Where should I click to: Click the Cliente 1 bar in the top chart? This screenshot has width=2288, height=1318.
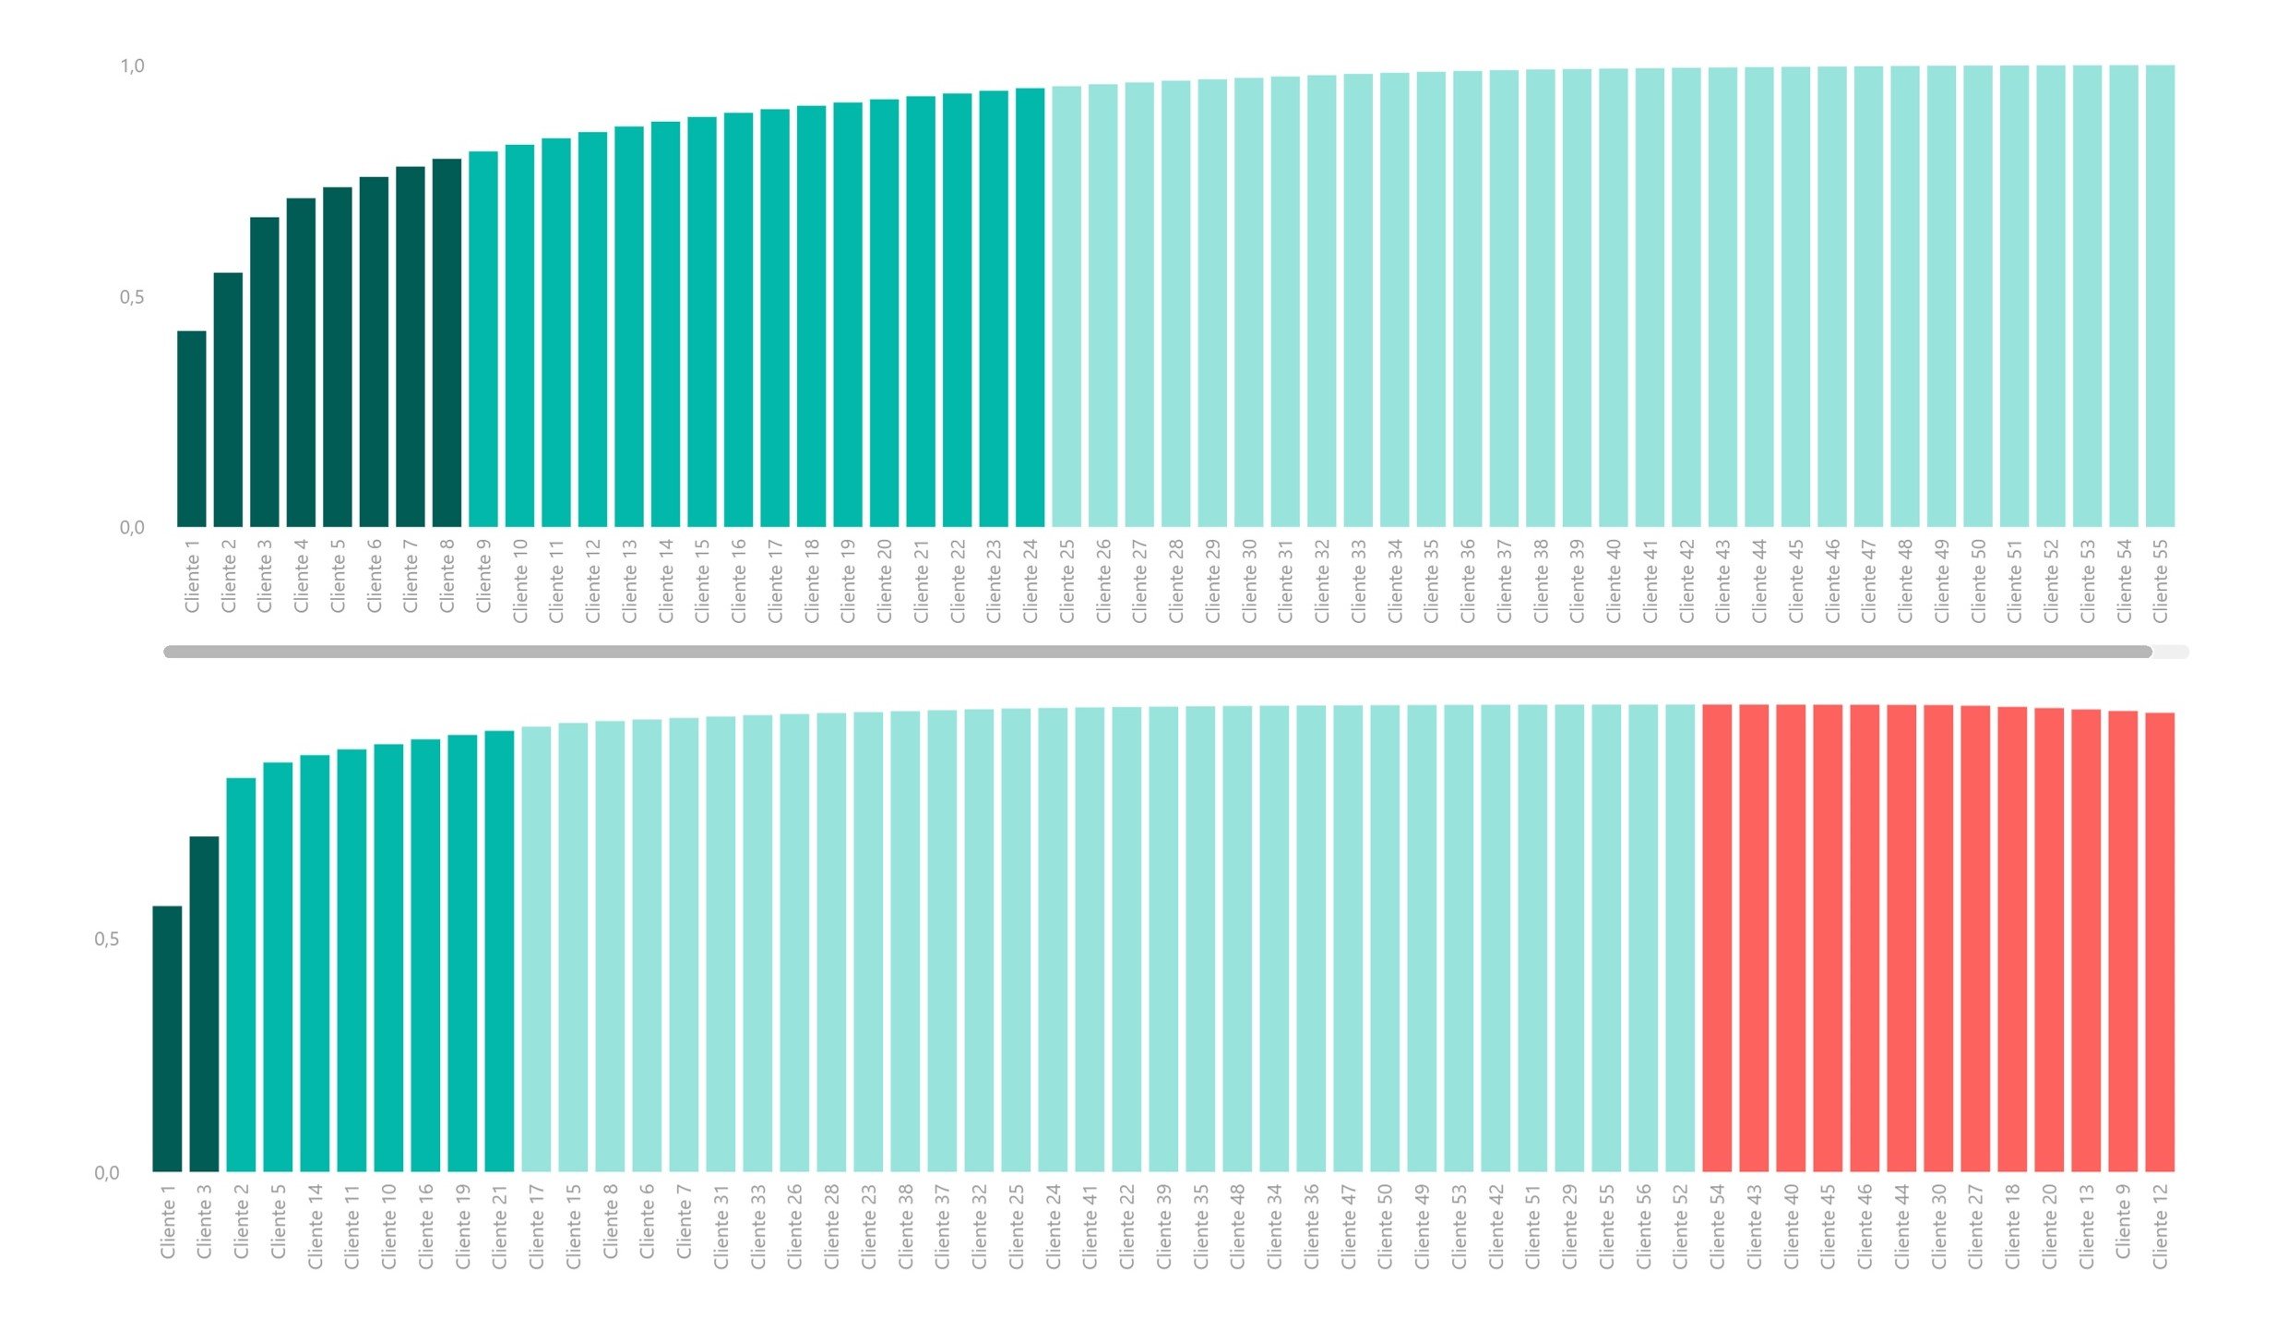[192, 429]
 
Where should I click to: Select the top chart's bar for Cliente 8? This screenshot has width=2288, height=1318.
[447, 343]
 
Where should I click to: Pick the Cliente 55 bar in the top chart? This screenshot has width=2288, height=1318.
[2160, 296]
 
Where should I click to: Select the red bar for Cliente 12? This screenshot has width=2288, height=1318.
[2160, 941]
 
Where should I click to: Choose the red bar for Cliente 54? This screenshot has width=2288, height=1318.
[1717, 938]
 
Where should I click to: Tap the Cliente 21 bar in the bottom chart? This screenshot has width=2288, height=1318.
[499, 951]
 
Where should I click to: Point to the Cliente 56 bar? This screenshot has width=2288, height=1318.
[1643, 938]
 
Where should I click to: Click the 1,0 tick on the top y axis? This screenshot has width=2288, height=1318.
[132, 66]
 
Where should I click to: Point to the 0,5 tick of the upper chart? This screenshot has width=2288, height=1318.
[132, 297]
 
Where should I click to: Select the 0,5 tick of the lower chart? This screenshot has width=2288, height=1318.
[107, 940]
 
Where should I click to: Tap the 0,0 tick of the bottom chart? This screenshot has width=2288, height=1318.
[107, 1173]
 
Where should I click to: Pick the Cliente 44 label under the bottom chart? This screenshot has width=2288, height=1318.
[1901, 1226]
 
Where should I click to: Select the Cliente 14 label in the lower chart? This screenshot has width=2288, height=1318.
[315, 1226]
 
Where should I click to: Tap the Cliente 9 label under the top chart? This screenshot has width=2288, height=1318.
[483, 577]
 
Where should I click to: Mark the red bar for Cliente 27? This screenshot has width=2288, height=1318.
[1975, 939]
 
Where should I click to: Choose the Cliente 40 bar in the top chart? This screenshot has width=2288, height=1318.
[1614, 298]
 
